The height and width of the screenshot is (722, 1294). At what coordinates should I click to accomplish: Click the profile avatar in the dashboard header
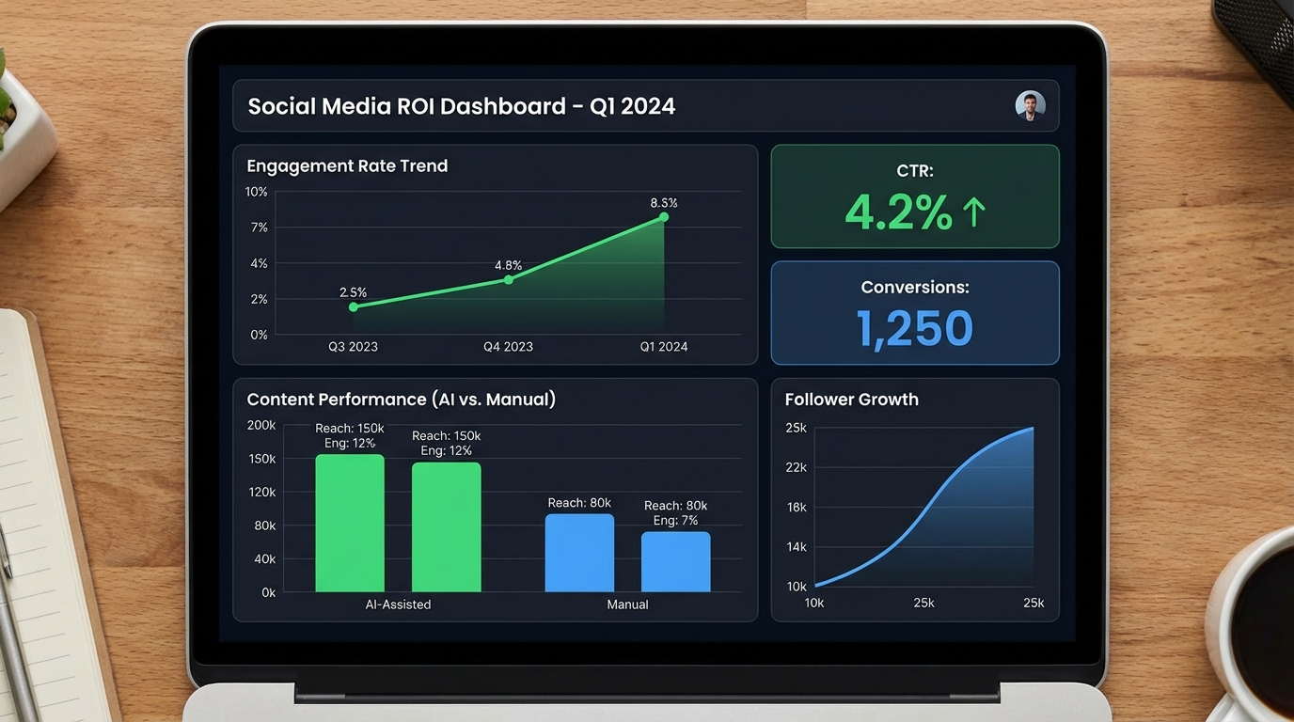point(1030,105)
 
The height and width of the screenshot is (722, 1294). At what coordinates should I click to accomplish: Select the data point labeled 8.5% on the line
point(663,217)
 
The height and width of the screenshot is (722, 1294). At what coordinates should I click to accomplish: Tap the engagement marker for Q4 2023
point(508,279)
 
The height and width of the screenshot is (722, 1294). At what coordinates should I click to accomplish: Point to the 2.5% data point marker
point(354,306)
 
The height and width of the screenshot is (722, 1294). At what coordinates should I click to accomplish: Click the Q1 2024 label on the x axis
point(663,347)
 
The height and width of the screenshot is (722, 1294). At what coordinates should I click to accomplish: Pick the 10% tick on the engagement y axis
point(257,192)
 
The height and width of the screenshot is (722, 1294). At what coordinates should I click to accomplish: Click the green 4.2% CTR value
point(898,212)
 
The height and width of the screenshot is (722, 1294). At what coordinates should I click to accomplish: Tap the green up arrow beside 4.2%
point(973,212)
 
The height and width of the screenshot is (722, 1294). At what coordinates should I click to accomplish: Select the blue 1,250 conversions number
point(914,329)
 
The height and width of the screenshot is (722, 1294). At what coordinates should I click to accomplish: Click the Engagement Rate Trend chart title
point(347,166)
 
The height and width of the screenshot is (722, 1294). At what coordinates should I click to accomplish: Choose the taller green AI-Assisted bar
point(350,523)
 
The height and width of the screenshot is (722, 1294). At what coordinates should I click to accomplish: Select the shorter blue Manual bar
point(675,561)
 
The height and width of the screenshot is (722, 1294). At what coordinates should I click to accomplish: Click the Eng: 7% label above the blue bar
point(675,520)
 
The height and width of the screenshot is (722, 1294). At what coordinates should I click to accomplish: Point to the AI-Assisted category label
point(398,604)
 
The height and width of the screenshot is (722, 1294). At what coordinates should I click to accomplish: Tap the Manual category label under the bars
point(627,604)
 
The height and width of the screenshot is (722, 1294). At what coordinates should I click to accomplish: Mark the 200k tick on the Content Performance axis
point(261,425)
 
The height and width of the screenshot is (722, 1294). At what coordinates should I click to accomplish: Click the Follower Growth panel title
point(851,400)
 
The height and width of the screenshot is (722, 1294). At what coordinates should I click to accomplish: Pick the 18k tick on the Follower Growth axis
point(796,508)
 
